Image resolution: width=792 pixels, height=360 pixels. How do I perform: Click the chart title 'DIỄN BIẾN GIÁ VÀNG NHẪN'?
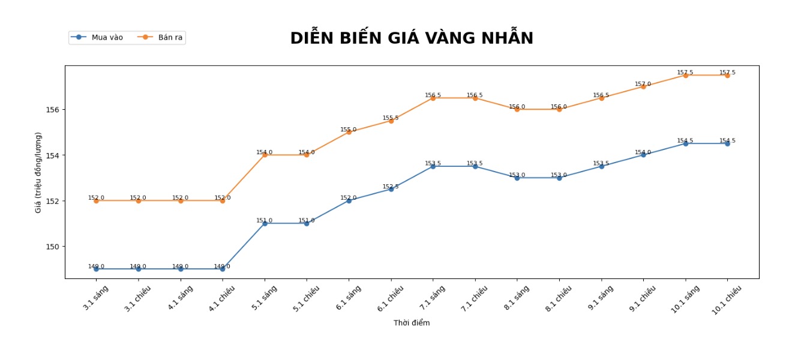coord(412,38)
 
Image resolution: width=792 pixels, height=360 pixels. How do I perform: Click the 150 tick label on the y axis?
coord(52,247)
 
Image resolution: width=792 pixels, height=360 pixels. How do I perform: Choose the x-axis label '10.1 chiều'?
coord(727,300)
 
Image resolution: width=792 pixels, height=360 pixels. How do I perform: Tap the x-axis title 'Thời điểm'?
coord(412,323)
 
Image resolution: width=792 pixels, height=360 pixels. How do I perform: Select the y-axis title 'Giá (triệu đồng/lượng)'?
coord(38,172)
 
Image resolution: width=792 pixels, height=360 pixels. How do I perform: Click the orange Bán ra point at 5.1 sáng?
coord(265,155)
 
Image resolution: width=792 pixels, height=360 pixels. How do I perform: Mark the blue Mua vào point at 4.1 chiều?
coord(223,269)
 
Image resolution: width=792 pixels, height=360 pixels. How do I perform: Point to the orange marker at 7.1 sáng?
coord(433,98)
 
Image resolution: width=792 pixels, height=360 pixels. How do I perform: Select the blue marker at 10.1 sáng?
coord(685,143)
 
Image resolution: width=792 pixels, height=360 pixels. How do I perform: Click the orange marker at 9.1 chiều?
coord(643,86)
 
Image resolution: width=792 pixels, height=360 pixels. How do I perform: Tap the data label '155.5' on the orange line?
coord(391,118)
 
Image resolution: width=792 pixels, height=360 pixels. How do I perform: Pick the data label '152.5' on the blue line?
coord(391,187)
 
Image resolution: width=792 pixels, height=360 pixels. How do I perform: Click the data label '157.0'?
coord(643,84)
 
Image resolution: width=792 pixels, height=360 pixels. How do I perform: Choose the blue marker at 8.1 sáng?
coord(517,178)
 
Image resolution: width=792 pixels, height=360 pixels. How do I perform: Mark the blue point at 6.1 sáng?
coord(349,200)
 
